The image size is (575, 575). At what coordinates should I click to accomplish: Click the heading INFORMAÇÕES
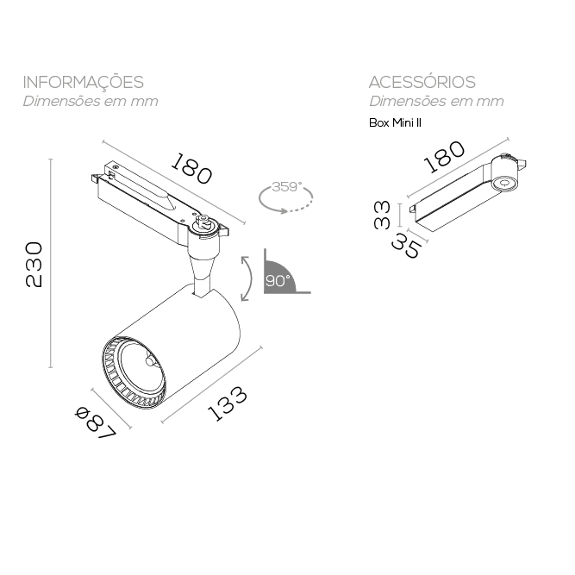pos(83,83)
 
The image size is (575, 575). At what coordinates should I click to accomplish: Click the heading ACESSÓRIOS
pos(422,83)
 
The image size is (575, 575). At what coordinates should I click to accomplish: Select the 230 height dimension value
pos(34,266)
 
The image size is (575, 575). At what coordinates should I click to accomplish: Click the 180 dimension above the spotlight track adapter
pos(191,169)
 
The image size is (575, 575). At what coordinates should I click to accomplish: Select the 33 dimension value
pos(383,215)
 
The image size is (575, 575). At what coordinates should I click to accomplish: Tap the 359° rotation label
pos(285,187)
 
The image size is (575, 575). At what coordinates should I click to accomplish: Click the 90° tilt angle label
pos(277,281)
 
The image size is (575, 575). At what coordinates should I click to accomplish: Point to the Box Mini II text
pos(394,122)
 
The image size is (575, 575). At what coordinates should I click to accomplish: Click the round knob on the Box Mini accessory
pos(503,183)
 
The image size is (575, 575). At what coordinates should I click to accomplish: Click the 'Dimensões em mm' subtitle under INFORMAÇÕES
pos(91,102)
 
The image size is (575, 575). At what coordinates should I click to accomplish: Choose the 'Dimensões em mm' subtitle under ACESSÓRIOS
pos(436,102)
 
